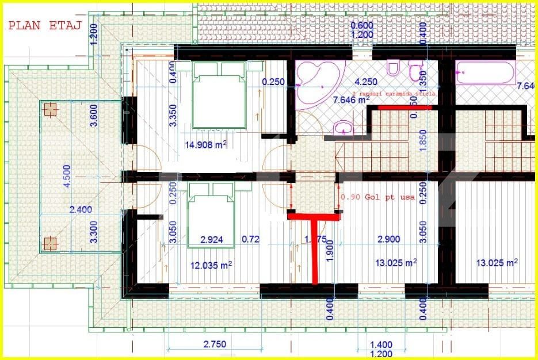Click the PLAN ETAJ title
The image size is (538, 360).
(44, 25)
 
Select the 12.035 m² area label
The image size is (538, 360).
(211, 265)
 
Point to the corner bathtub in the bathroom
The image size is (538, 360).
(315, 84)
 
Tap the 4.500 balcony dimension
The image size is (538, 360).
(67, 177)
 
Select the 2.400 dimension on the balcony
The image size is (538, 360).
(81, 210)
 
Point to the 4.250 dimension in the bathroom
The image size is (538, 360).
(366, 82)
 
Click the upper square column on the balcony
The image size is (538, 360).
(51, 109)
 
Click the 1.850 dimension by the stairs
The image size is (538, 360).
(423, 140)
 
